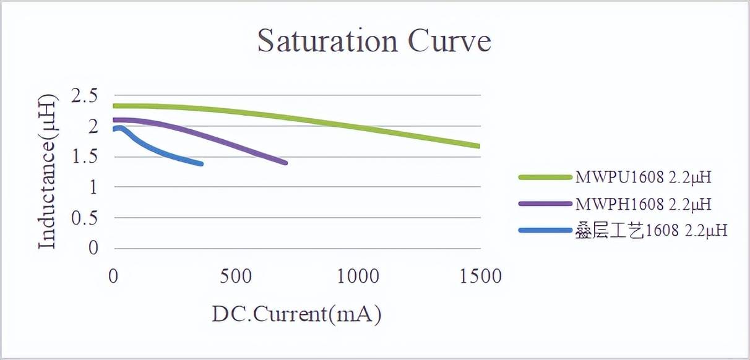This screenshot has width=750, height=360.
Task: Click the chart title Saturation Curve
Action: [374, 41]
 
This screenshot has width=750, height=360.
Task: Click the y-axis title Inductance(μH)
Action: [47, 171]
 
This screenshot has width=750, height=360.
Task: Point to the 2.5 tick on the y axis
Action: [85, 96]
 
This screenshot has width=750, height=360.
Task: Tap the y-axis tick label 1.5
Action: [85, 156]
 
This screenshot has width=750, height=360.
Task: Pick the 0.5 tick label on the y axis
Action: [85, 218]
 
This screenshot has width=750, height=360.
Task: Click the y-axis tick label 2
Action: [93, 126]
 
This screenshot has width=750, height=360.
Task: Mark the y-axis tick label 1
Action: [93, 187]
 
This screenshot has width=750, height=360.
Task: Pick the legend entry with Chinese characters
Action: [650, 230]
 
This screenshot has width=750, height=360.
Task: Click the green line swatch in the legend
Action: [545, 178]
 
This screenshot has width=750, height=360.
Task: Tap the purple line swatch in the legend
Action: [545, 204]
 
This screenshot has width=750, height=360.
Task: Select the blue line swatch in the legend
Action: [545, 230]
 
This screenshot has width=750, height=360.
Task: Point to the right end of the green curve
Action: [478, 147]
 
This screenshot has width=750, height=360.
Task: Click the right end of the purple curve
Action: [285, 163]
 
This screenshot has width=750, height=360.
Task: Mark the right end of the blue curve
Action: [201, 164]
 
